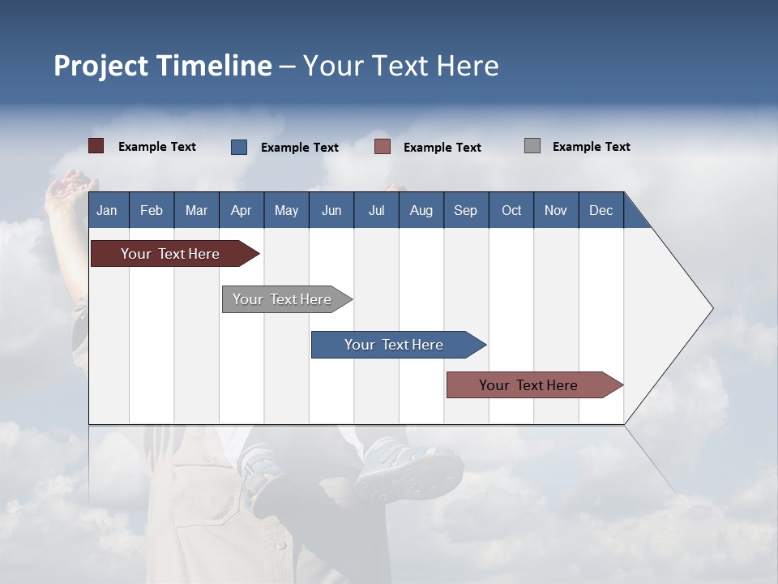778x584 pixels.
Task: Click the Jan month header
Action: [107, 211]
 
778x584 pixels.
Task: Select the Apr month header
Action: [242, 211]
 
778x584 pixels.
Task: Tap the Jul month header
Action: [376, 211]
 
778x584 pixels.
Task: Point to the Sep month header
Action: [465, 211]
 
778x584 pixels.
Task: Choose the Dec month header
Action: [601, 211]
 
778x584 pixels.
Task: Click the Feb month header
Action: [152, 211]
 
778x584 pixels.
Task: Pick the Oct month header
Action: [511, 211]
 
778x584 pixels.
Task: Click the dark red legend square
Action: [96, 146]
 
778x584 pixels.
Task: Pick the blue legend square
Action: [239, 147]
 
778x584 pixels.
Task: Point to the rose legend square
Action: [383, 147]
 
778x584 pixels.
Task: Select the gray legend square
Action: [532, 146]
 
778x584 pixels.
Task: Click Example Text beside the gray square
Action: [591, 147]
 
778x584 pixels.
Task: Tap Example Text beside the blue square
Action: [299, 148]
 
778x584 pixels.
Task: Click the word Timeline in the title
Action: [214, 66]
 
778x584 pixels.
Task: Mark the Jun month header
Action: [331, 211]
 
